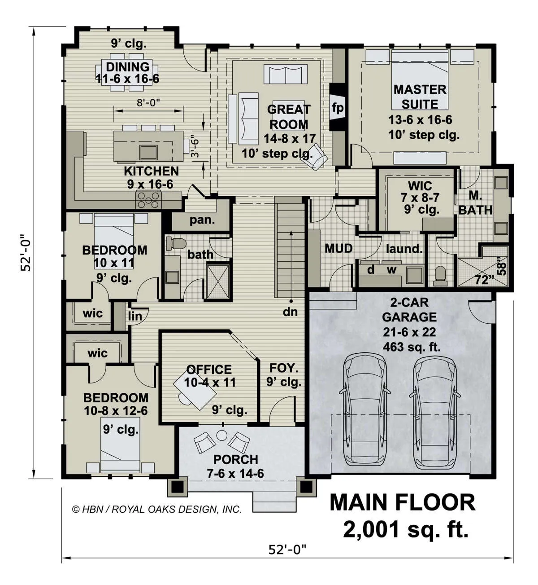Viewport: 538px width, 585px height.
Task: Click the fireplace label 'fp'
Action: (338, 108)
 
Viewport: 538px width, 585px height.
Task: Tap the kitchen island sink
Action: (148, 152)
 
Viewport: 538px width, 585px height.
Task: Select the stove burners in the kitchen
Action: (148, 200)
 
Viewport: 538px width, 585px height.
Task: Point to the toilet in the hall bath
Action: (176, 244)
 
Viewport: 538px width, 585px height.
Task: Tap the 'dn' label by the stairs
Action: (290, 312)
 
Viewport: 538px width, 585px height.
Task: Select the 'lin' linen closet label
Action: (135, 316)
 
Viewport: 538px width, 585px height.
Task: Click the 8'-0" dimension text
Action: (148, 103)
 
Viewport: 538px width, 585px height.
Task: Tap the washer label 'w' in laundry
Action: (392, 270)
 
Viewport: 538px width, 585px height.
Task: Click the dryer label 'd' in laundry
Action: (370, 270)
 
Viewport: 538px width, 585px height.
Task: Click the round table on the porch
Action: (221, 435)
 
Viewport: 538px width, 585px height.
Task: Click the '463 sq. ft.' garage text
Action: (412, 347)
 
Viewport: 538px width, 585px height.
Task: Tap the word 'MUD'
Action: (338, 248)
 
